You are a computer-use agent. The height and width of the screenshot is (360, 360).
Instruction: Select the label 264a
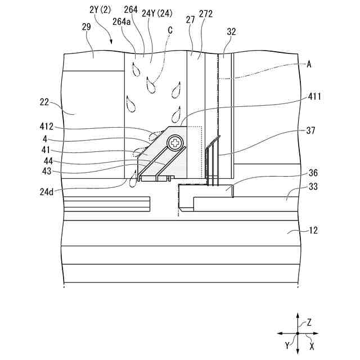tap(122, 21)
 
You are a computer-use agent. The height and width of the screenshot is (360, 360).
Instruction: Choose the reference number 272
tap(205, 13)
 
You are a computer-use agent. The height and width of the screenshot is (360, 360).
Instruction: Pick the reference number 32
tap(231, 32)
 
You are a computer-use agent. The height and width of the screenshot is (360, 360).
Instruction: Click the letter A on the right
tap(309, 64)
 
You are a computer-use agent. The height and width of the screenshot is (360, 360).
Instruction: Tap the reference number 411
tap(314, 97)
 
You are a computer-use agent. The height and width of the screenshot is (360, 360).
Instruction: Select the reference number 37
tap(310, 130)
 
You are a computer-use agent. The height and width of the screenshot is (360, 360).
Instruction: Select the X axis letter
tap(312, 346)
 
